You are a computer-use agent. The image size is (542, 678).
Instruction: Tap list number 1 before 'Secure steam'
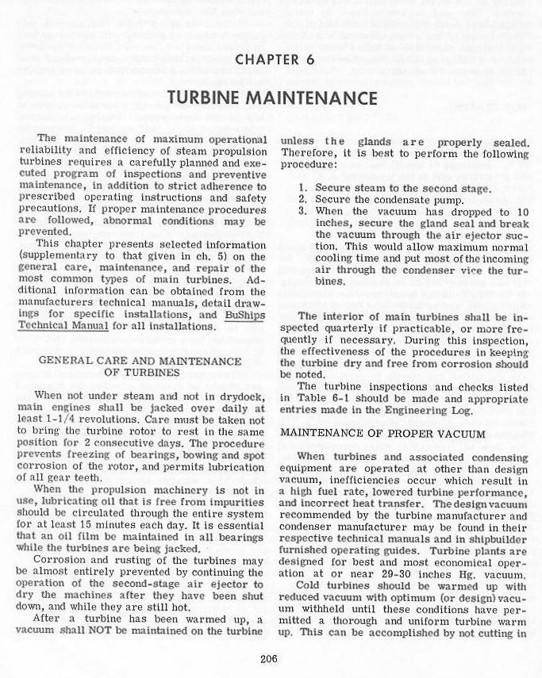(x=302, y=188)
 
